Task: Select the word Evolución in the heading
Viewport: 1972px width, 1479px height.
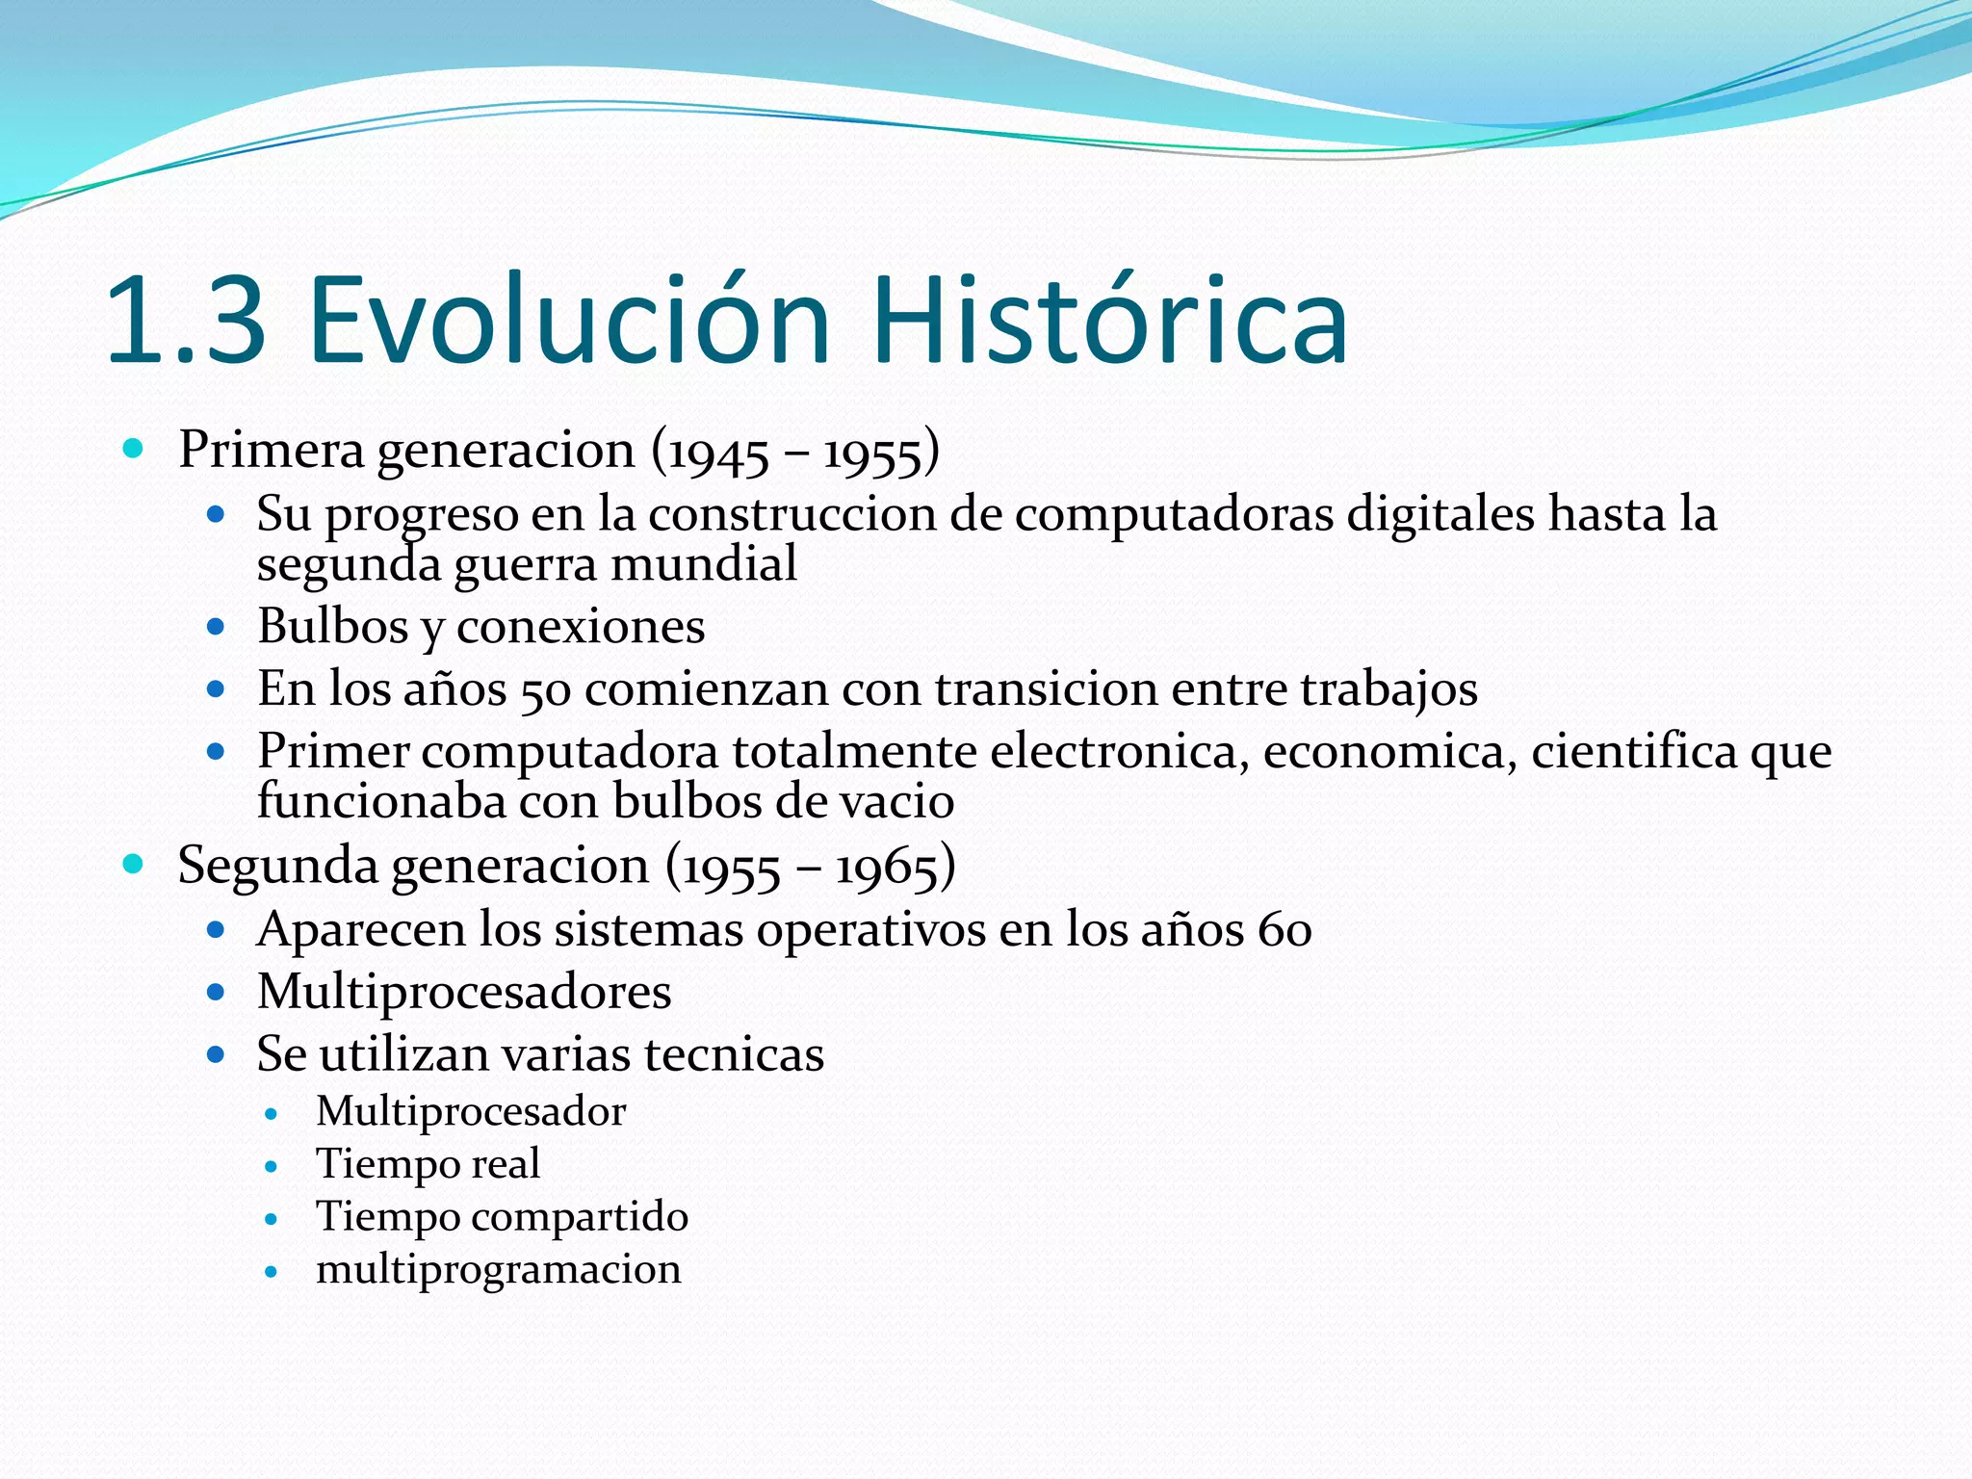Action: (569, 321)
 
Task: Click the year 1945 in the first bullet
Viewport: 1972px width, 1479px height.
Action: (718, 453)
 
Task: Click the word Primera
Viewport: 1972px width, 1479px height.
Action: (271, 451)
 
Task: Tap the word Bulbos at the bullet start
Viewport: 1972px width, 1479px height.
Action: (333, 627)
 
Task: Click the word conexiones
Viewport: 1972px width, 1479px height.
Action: (580, 628)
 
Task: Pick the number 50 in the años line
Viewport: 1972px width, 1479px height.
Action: (545, 691)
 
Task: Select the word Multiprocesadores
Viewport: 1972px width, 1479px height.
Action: (464, 993)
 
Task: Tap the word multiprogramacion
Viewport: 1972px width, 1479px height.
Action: (498, 1270)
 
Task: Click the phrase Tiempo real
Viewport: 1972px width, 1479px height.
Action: (428, 1164)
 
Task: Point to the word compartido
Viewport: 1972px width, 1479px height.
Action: (580, 1218)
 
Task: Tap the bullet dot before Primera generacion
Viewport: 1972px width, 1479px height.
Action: (134, 449)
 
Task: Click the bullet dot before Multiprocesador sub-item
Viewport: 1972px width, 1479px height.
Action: (272, 1114)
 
